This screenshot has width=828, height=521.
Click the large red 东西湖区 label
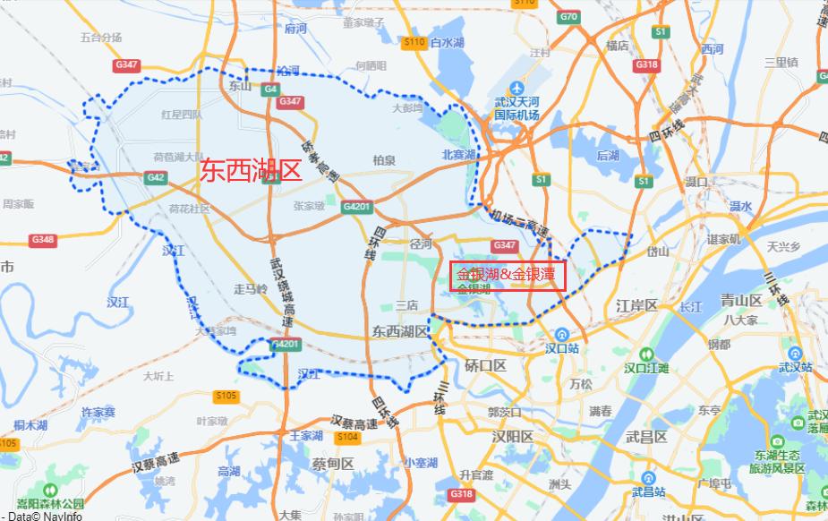[x=252, y=171]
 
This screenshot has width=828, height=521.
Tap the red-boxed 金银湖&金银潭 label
[x=507, y=274]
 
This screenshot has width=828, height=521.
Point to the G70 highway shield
[x=568, y=16]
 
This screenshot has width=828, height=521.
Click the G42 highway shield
[x=156, y=177]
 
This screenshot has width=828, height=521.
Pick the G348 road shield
[x=43, y=240]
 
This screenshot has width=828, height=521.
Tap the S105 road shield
[x=226, y=396]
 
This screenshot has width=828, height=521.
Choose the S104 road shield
[x=346, y=437]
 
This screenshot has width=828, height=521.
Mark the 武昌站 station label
[x=648, y=491]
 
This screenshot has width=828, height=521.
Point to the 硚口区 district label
[x=486, y=366]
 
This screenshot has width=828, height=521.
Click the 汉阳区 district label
[x=512, y=437]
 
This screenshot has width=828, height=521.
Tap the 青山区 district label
[x=741, y=301]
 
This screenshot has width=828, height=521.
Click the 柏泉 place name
[x=384, y=160]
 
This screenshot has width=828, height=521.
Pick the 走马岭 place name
[x=251, y=288]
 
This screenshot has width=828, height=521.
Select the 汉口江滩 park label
[x=647, y=368]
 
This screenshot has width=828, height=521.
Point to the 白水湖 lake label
[x=447, y=42]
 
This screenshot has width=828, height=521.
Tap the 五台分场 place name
[x=100, y=38]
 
